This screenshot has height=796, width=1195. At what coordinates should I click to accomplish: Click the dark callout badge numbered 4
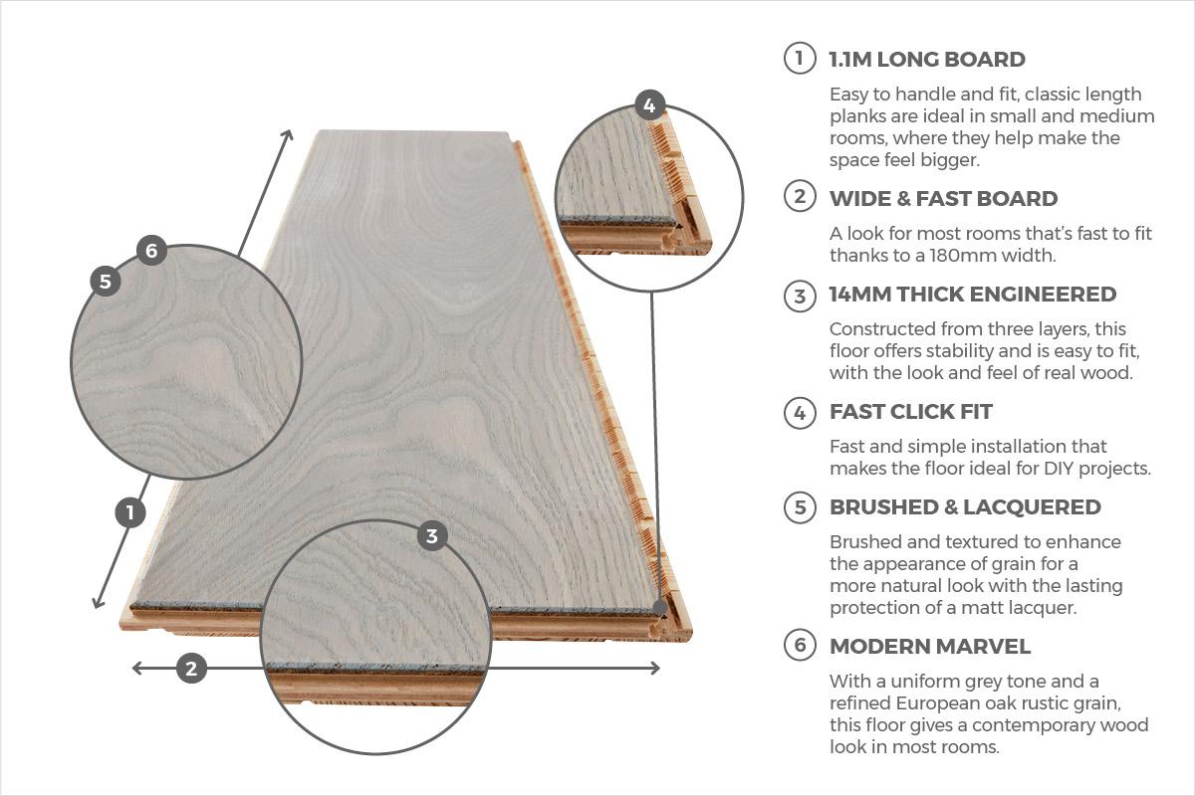tap(649, 105)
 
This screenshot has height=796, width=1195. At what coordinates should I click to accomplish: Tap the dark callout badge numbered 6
tap(151, 250)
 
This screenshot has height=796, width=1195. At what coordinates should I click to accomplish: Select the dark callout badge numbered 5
tap(106, 281)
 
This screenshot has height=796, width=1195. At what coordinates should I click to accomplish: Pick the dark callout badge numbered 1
tap(130, 512)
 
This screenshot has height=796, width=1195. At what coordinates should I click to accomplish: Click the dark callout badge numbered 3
tap(432, 536)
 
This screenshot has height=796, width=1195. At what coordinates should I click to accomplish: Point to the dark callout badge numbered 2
tap(191, 668)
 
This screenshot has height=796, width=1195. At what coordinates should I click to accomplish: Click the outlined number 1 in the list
tap(800, 58)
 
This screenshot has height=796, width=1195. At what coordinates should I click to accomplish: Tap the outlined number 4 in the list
tap(800, 413)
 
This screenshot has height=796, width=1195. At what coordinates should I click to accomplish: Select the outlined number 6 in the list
tap(800, 645)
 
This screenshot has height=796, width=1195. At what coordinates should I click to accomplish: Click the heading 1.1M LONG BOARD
tap(927, 59)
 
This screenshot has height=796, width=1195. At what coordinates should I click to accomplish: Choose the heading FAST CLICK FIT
tap(911, 412)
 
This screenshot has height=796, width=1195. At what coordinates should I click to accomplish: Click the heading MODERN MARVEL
tap(930, 646)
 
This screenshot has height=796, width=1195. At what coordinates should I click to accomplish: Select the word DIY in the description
tap(1059, 468)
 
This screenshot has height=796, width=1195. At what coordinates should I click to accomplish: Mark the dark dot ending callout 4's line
tap(660, 607)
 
